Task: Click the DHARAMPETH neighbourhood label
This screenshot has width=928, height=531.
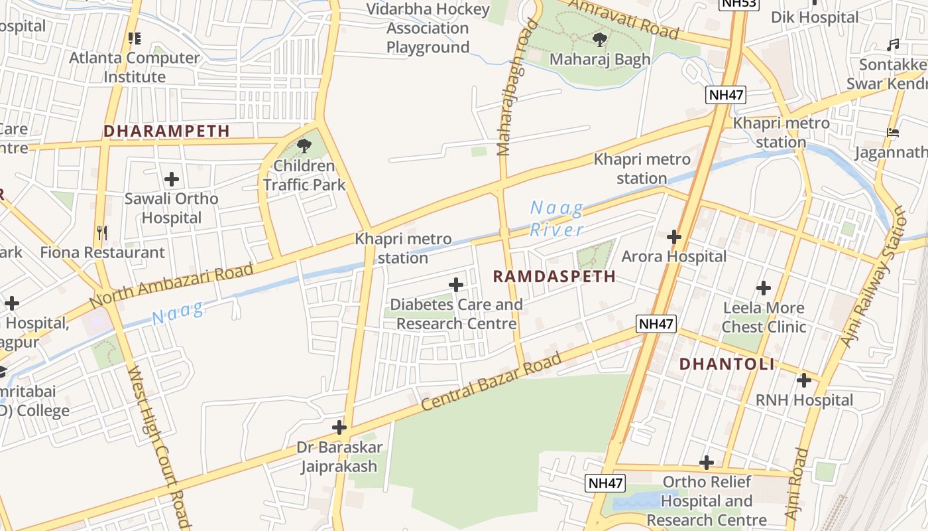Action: click(x=166, y=131)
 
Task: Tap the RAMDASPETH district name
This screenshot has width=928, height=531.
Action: click(x=554, y=276)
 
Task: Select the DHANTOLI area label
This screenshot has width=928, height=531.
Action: click(x=726, y=364)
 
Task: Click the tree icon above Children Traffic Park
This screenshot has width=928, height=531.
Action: click(x=304, y=145)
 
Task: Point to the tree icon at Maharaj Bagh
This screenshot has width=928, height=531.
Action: click(x=600, y=40)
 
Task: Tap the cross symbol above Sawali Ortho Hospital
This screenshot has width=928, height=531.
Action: click(x=172, y=179)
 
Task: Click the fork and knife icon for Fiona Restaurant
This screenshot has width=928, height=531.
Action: click(x=102, y=232)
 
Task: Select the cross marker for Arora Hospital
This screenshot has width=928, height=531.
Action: click(x=674, y=236)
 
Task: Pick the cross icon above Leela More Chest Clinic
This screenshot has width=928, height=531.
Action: click(x=764, y=288)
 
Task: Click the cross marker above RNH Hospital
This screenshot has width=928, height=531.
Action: click(x=804, y=380)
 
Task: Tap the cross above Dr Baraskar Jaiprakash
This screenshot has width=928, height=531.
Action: click(x=339, y=427)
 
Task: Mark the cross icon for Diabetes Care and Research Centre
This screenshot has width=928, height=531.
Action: click(x=456, y=285)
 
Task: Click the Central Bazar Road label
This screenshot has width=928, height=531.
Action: click(x=491, y=382)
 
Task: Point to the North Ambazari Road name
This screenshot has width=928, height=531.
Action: click(x=172, y=285)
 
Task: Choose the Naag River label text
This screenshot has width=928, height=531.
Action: click(x=557, y=219)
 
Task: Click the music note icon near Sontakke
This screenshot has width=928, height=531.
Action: click(x=893, y=45)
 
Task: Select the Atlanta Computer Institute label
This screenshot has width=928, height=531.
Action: click(x=135, y=67)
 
